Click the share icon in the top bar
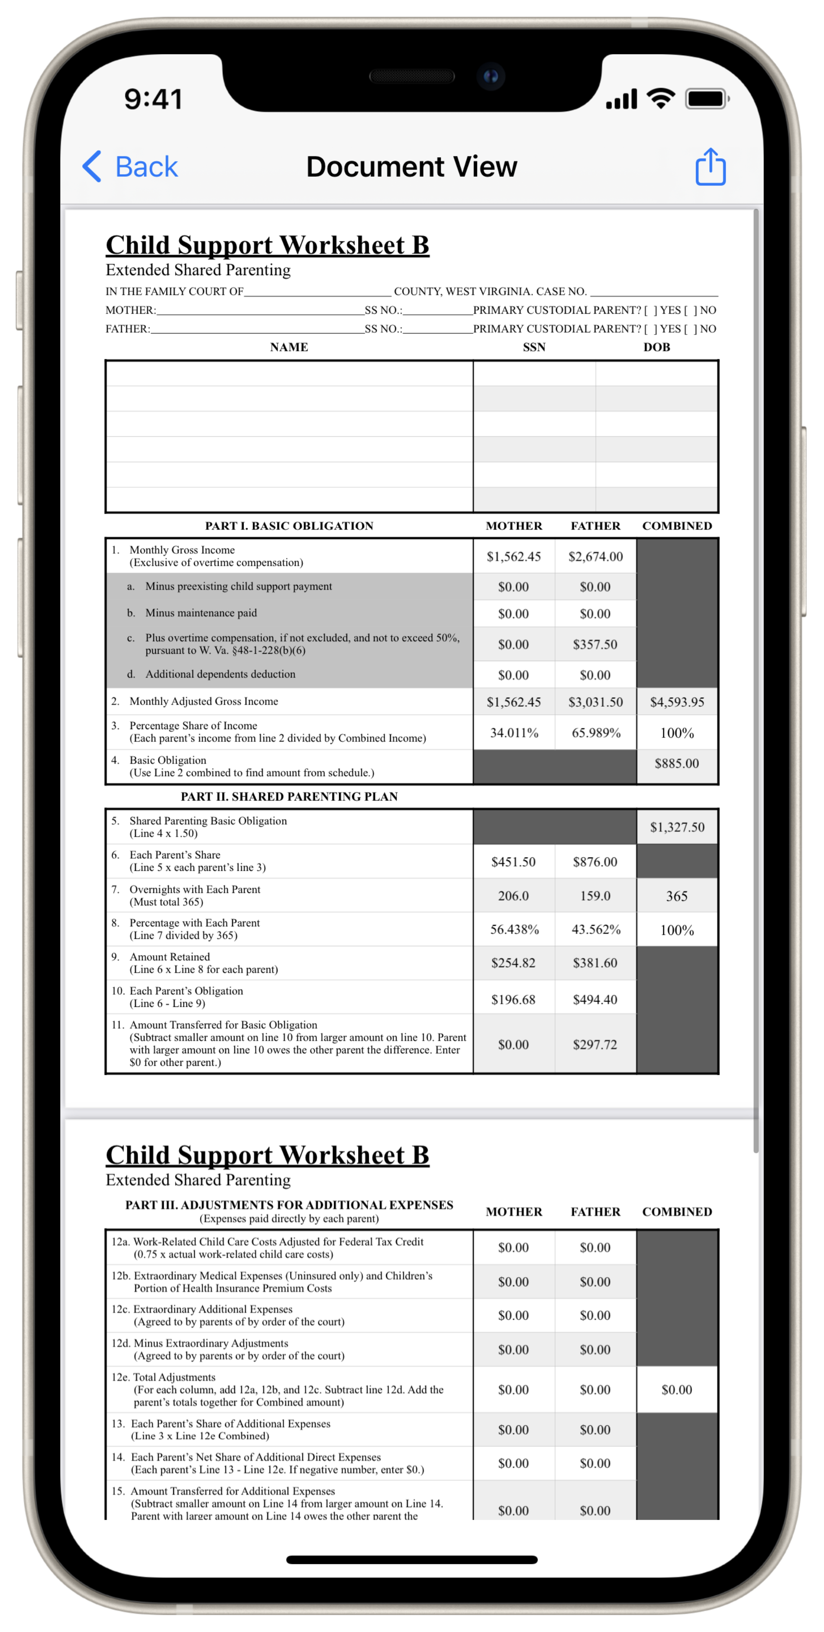pyautogui.click(x=710, y=167)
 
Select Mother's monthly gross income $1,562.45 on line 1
pyautogui.click(x=514, y=556)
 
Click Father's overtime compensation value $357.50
pyautogui.click(x=595, y=644)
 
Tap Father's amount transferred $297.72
pyautogui.click(x=595, y=1045)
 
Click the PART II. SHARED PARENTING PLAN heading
pyautogui.click(x=289, y=796)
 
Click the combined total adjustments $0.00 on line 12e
pyautogui.click(x=676, y=1389)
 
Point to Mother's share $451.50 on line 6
pyautogui.click(x=513, y=862)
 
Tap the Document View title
pyautogui.click(x=412, y=167)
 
